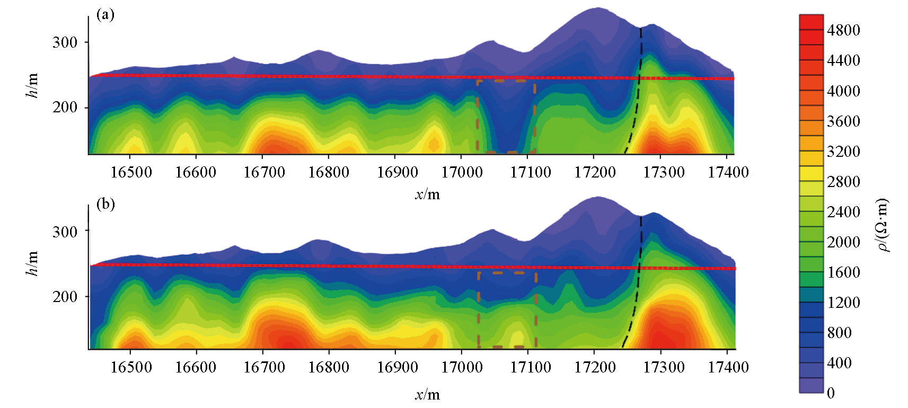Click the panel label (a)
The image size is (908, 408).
pos(105,15)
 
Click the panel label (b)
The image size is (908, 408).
pos(105,204)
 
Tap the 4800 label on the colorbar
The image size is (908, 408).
pos(843,30)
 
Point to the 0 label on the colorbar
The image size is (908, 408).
pos(831,393)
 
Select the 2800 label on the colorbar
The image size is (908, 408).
pos(843,182)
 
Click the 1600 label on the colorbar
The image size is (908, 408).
pos(843,272)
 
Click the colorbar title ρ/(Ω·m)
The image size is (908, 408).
pos(883,225)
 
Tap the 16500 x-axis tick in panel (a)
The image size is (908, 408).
pos(131,172)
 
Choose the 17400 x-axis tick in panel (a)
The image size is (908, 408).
pos(728,172)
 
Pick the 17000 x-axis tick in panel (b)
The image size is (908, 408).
pos(462,367)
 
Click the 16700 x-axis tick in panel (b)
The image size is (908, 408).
pos(263,367)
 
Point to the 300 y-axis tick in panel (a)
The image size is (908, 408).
pos(65,42)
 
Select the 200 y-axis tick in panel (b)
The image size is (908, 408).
pos(65,297)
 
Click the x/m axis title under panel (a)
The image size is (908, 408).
pos(427,194)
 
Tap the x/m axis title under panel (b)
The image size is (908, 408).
pos(427,395)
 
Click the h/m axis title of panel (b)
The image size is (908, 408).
pos(32,263)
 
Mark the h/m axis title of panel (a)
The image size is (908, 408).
pos(32,85)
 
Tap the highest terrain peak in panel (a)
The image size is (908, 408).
pos(597,9)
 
